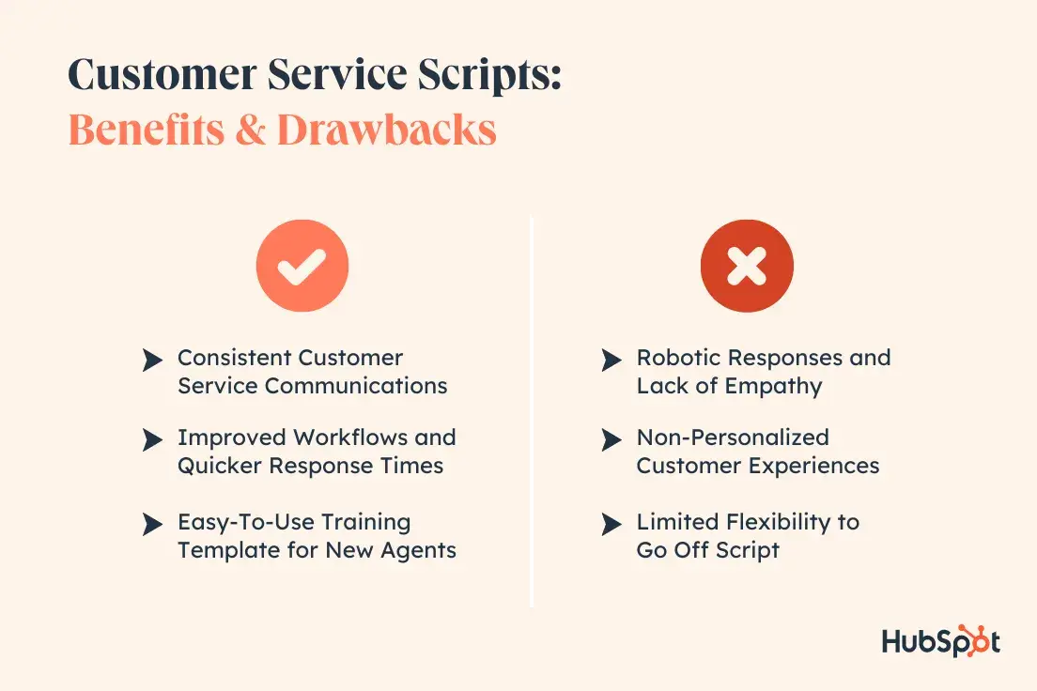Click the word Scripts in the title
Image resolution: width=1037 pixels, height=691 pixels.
pyautogui.click(x=490, y=76)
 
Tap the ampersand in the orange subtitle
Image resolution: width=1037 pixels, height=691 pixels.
pyautogui.click(x=250, y=129)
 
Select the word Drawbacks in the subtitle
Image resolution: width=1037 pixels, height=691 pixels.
pyautogui.click(x=387, y=129)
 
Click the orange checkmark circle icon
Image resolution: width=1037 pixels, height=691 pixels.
pyautogui.click(x=302, y=266)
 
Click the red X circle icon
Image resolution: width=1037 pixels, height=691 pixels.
pyautogui.click(x=748, y=266)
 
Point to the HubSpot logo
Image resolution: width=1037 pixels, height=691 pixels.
pyautogui.click(x=940, y=641)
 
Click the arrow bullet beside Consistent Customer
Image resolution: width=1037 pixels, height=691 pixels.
pyautogui.click(x=152, y=361)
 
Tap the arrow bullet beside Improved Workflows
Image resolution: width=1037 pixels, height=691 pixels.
pyautogui.click(x=152, y=439)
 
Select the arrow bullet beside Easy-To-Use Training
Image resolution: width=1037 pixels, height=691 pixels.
pyautogui.click(x=152, y=525)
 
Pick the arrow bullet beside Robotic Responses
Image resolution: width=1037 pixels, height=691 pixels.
pyautogui.click(x=611, y=361)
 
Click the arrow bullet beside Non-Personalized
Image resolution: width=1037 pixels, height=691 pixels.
pyautogui.click(x=611, y=439)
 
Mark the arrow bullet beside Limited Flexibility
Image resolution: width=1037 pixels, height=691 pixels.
pyautogui.click(x=611, y=525)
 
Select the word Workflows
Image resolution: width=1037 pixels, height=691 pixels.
pyautogui.click(x=351, y=438)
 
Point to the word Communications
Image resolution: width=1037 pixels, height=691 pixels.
pyautogui.click(x=357, y=386)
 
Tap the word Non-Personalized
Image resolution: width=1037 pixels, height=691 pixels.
pyautogui.click(x=733, y=438)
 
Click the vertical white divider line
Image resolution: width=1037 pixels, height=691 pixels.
pyautogui.click(x=532, y=411)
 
